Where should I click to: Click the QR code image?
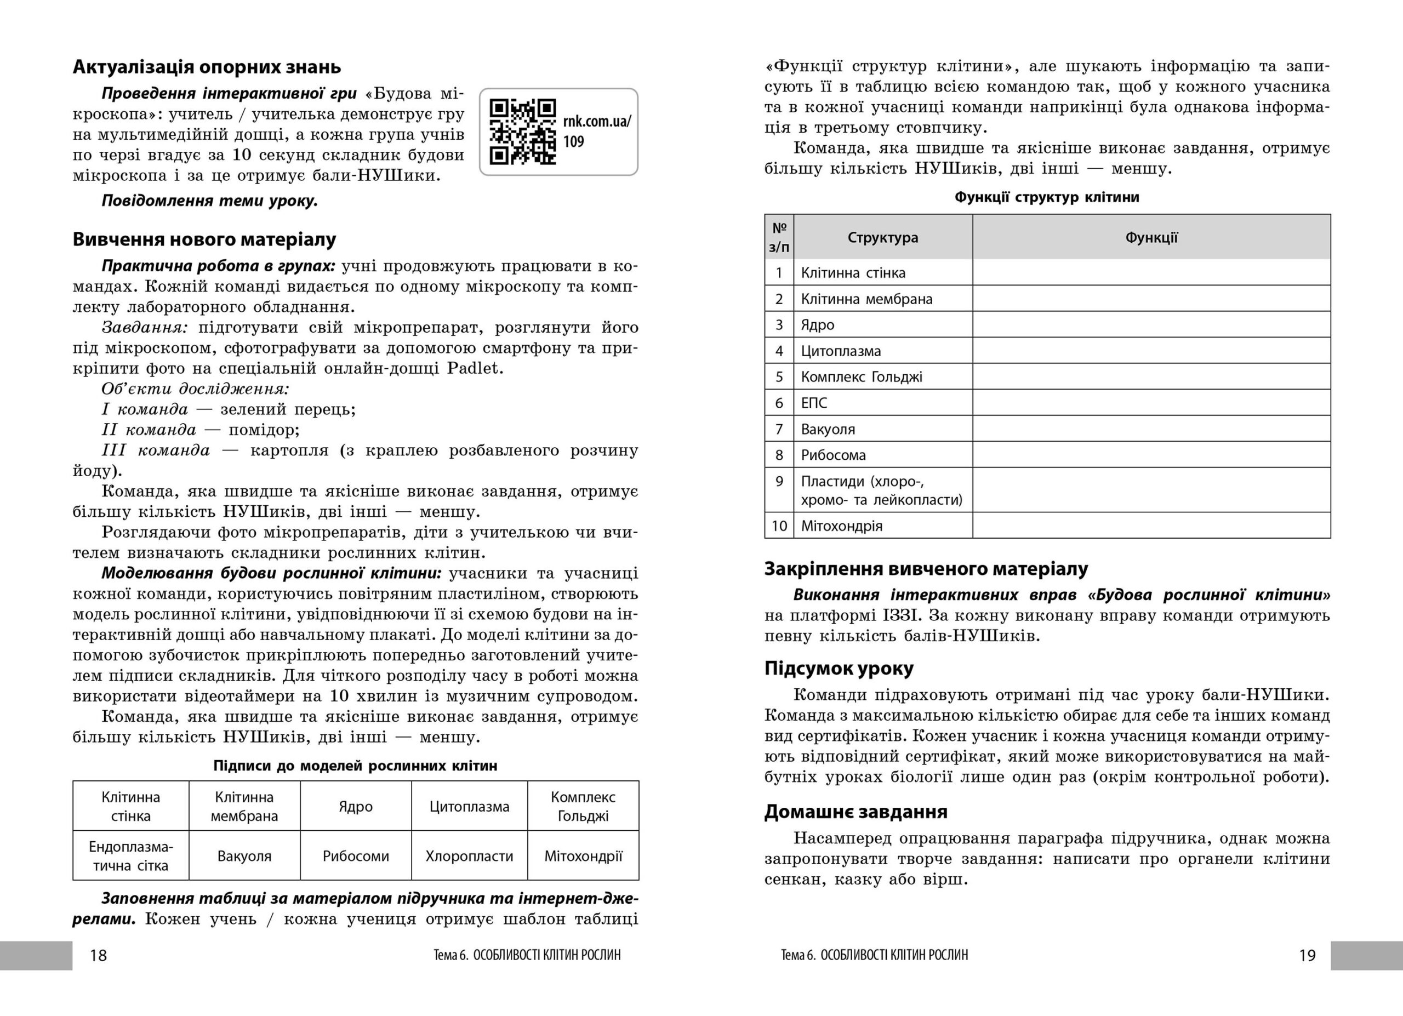[523, 132]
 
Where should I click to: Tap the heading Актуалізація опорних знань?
[207, 67]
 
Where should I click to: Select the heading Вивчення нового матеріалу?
[204, 239]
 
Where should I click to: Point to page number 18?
[98, 955]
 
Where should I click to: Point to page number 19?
[1307, 955]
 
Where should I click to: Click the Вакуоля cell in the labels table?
[244, 856]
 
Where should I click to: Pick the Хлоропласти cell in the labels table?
[469, 856]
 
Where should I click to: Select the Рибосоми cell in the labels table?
[356, 856]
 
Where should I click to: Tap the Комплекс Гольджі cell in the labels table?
[583, 806]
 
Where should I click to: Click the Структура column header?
[883, 237]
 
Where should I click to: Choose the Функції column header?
[1151, 237]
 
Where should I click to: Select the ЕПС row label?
[814, 403]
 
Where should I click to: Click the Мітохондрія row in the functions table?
[841, 526]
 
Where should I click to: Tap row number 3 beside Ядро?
[779, 324]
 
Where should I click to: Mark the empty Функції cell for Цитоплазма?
[1151, 351]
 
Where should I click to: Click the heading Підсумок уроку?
[839, 669]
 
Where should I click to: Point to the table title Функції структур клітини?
[1047, 197]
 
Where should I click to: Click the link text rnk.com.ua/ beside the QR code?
[597, 121]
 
